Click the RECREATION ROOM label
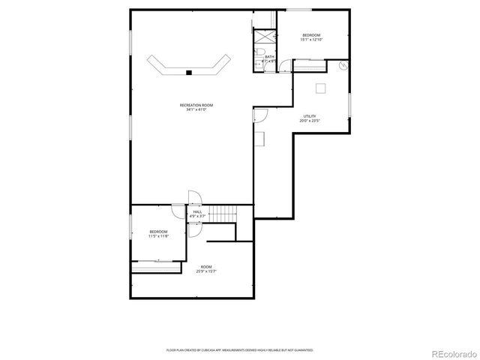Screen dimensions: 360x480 tap(196, 105)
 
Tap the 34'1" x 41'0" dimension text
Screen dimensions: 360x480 tap(196, 110)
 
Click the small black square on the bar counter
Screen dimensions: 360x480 tap(190, 73)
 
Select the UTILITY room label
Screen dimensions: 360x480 tap(309, 115)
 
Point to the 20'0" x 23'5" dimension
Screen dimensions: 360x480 tap(309, 121)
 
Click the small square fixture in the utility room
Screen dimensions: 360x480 tap(320, 88)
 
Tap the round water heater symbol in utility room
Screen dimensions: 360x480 tap(343, 66)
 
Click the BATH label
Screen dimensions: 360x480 tap(268, 56)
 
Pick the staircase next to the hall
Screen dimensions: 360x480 tap(222, 214)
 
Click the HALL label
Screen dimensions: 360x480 tap(197, 212)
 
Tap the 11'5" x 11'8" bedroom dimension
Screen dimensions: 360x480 tap(158, 236)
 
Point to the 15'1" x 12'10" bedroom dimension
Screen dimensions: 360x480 tap(311, 40)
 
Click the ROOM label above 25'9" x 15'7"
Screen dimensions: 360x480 tap(206, 267)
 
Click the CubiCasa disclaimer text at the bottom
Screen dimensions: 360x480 tap(240, 349)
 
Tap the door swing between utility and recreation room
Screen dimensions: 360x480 tap(260, 115)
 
